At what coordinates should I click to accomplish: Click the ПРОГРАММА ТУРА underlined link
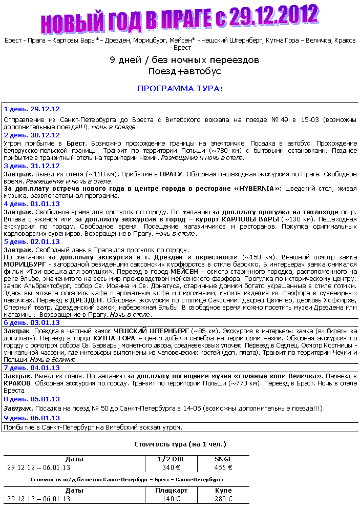(x=180, y=89)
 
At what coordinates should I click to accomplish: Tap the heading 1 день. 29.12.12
(x=32, y=109)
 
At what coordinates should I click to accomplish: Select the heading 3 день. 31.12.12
(x=32, y=166)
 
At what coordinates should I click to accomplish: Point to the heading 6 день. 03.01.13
(x=32, y=322)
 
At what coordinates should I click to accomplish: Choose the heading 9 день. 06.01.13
(x=32, y=418)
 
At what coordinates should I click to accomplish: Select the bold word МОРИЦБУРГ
(x=26, y=264)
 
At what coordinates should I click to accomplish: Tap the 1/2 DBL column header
(x=172, y=459)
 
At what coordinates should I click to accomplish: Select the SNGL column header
(x=223, y=459)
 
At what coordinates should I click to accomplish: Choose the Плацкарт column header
(x=172, y=491)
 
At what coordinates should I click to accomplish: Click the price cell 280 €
(x=223, y=498)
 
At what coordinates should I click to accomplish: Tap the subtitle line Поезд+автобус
(x=184, y=71)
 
